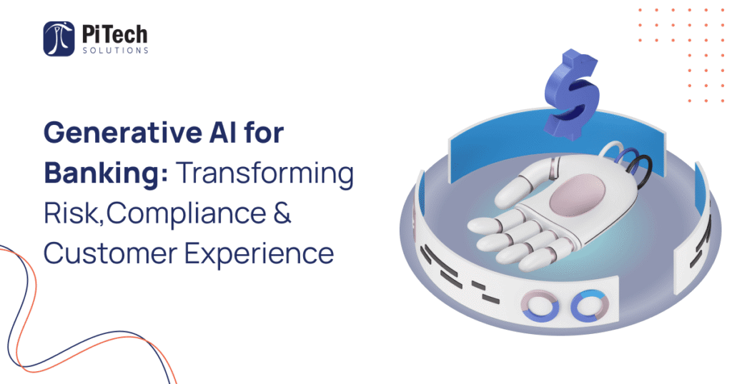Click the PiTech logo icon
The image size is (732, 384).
click(59, 39)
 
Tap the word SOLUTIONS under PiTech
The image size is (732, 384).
click(115, 51)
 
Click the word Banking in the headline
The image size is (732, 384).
click(102, 173)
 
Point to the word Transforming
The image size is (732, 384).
click(265, 173)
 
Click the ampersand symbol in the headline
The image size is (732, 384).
click(282, 213)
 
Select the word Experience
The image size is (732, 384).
click(259, 254)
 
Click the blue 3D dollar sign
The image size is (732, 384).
click(572, 94)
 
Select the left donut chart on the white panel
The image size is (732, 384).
click(540, 307)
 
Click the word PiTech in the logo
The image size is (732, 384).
click(115, 34)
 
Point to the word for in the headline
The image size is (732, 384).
click(264, 132)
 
